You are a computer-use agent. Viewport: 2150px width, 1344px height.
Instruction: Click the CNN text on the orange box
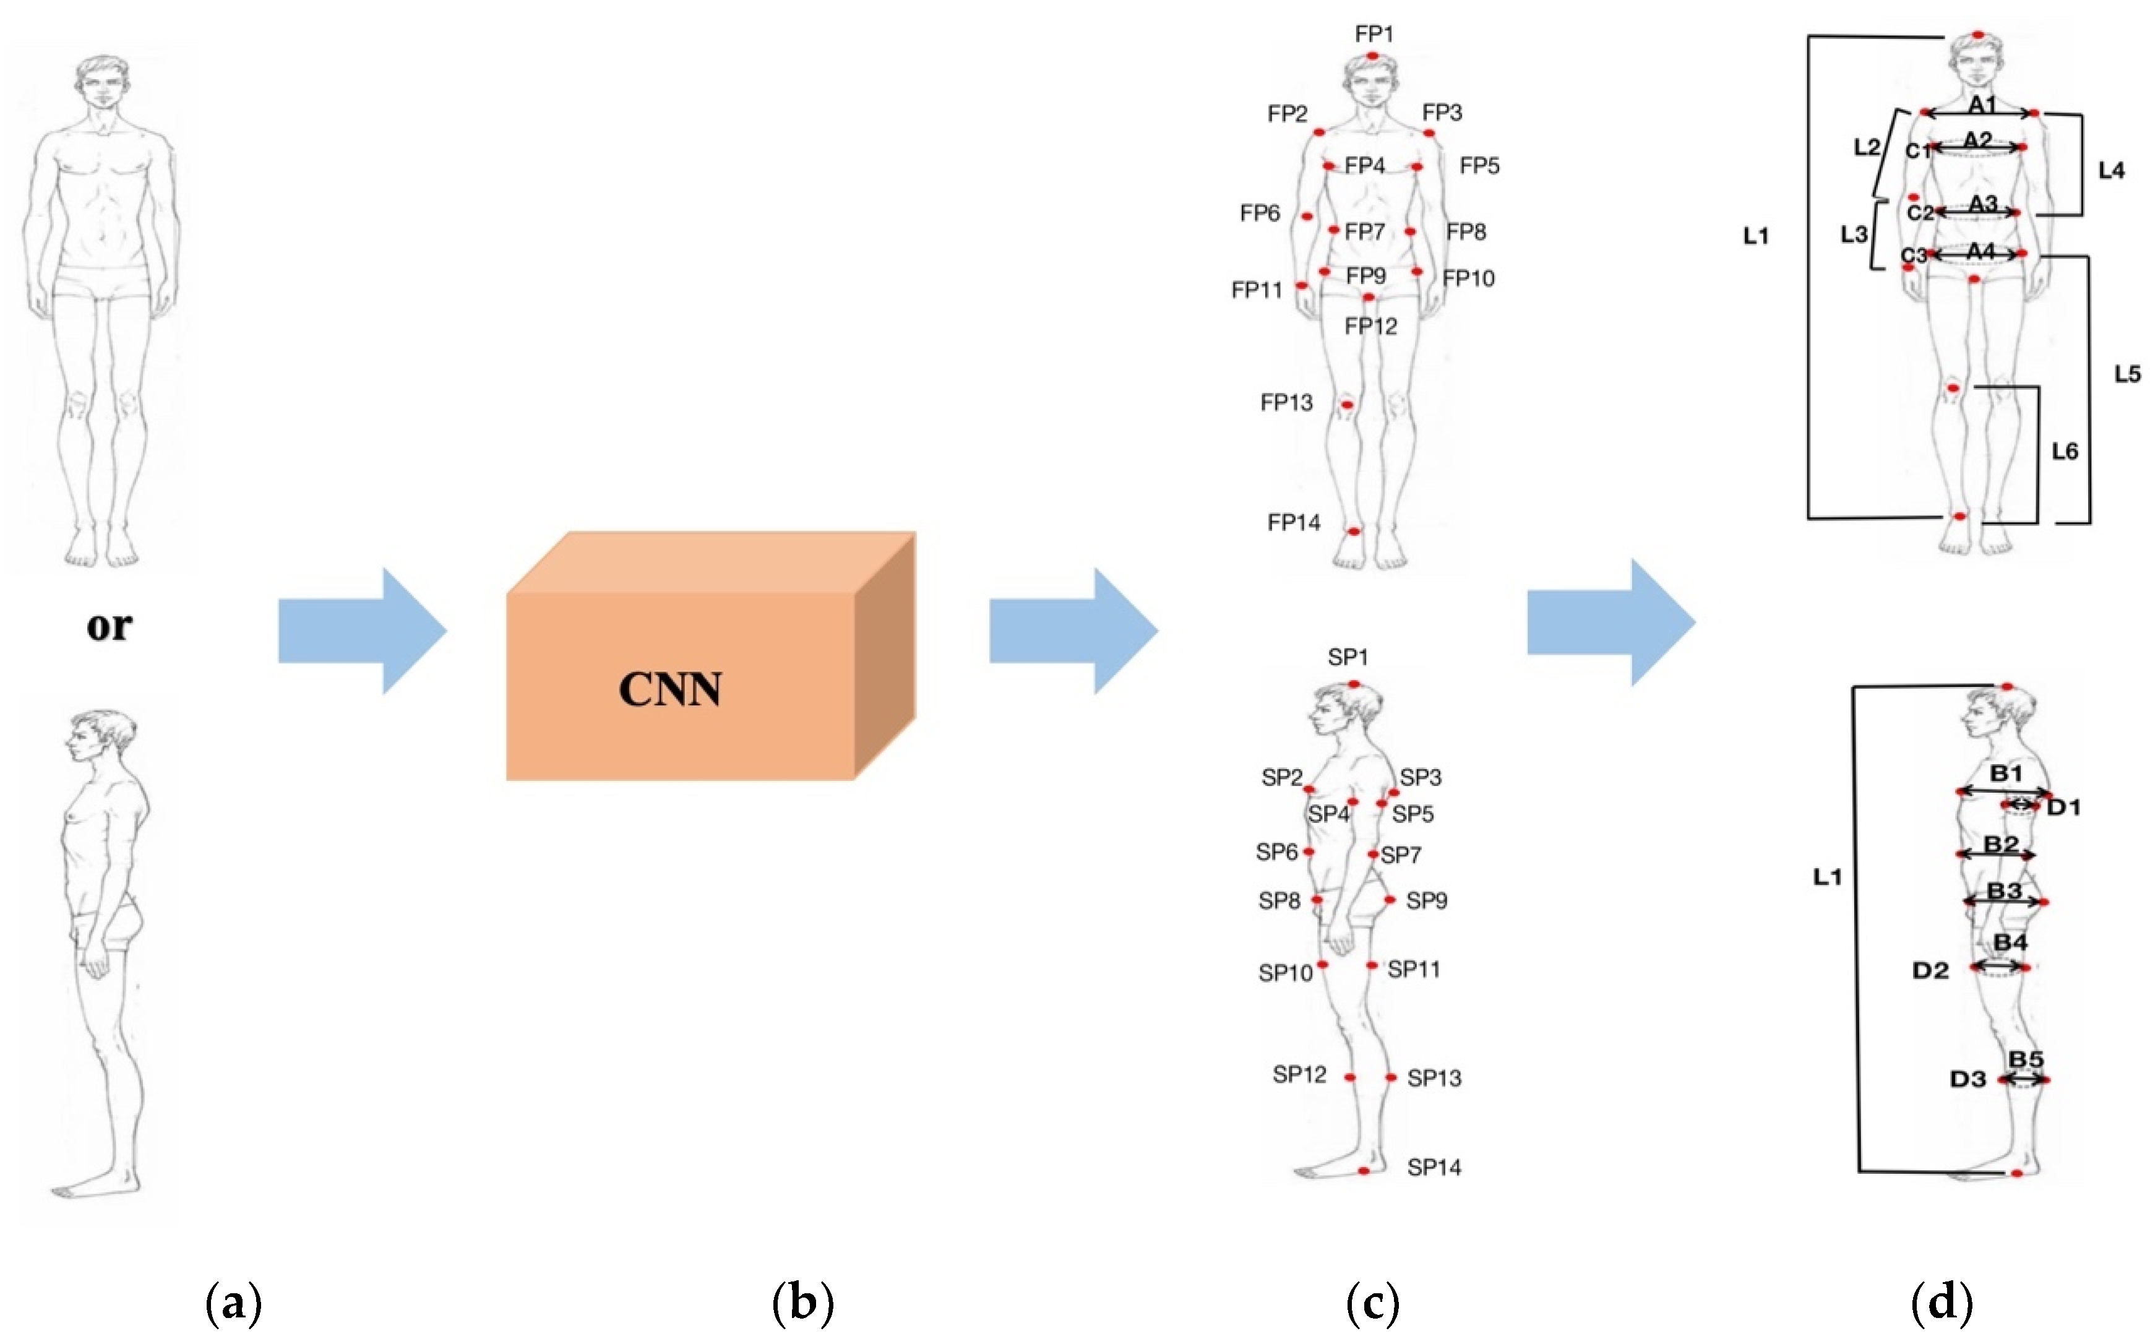click(x=669, y=690)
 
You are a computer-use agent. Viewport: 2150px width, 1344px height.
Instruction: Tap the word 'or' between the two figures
click(x=110, y=626)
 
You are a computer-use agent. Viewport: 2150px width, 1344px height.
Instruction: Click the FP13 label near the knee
click(x=1286, y=403)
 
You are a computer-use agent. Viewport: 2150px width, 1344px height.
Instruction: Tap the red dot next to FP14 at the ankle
click(x=1354, y=532)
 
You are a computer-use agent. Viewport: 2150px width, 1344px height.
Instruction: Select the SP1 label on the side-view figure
click(x=1348, y=657)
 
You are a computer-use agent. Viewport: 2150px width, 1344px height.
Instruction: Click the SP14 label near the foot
click(x=1434, y=1167)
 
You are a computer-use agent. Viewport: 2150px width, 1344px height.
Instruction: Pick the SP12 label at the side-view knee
click(x=1299, y=1075)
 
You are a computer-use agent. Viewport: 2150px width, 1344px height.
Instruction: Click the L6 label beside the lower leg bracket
click(x=2064, y=452)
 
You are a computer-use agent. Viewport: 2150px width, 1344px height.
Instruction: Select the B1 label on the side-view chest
click(x=2005, y=773)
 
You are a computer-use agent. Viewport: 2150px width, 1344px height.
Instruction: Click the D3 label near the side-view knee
click(x=1967, y=1079)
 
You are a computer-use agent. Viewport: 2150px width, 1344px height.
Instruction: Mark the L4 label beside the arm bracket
click(x=2111, y=171)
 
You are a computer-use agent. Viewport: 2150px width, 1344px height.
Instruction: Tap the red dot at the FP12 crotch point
click(x=1368, y=297)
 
